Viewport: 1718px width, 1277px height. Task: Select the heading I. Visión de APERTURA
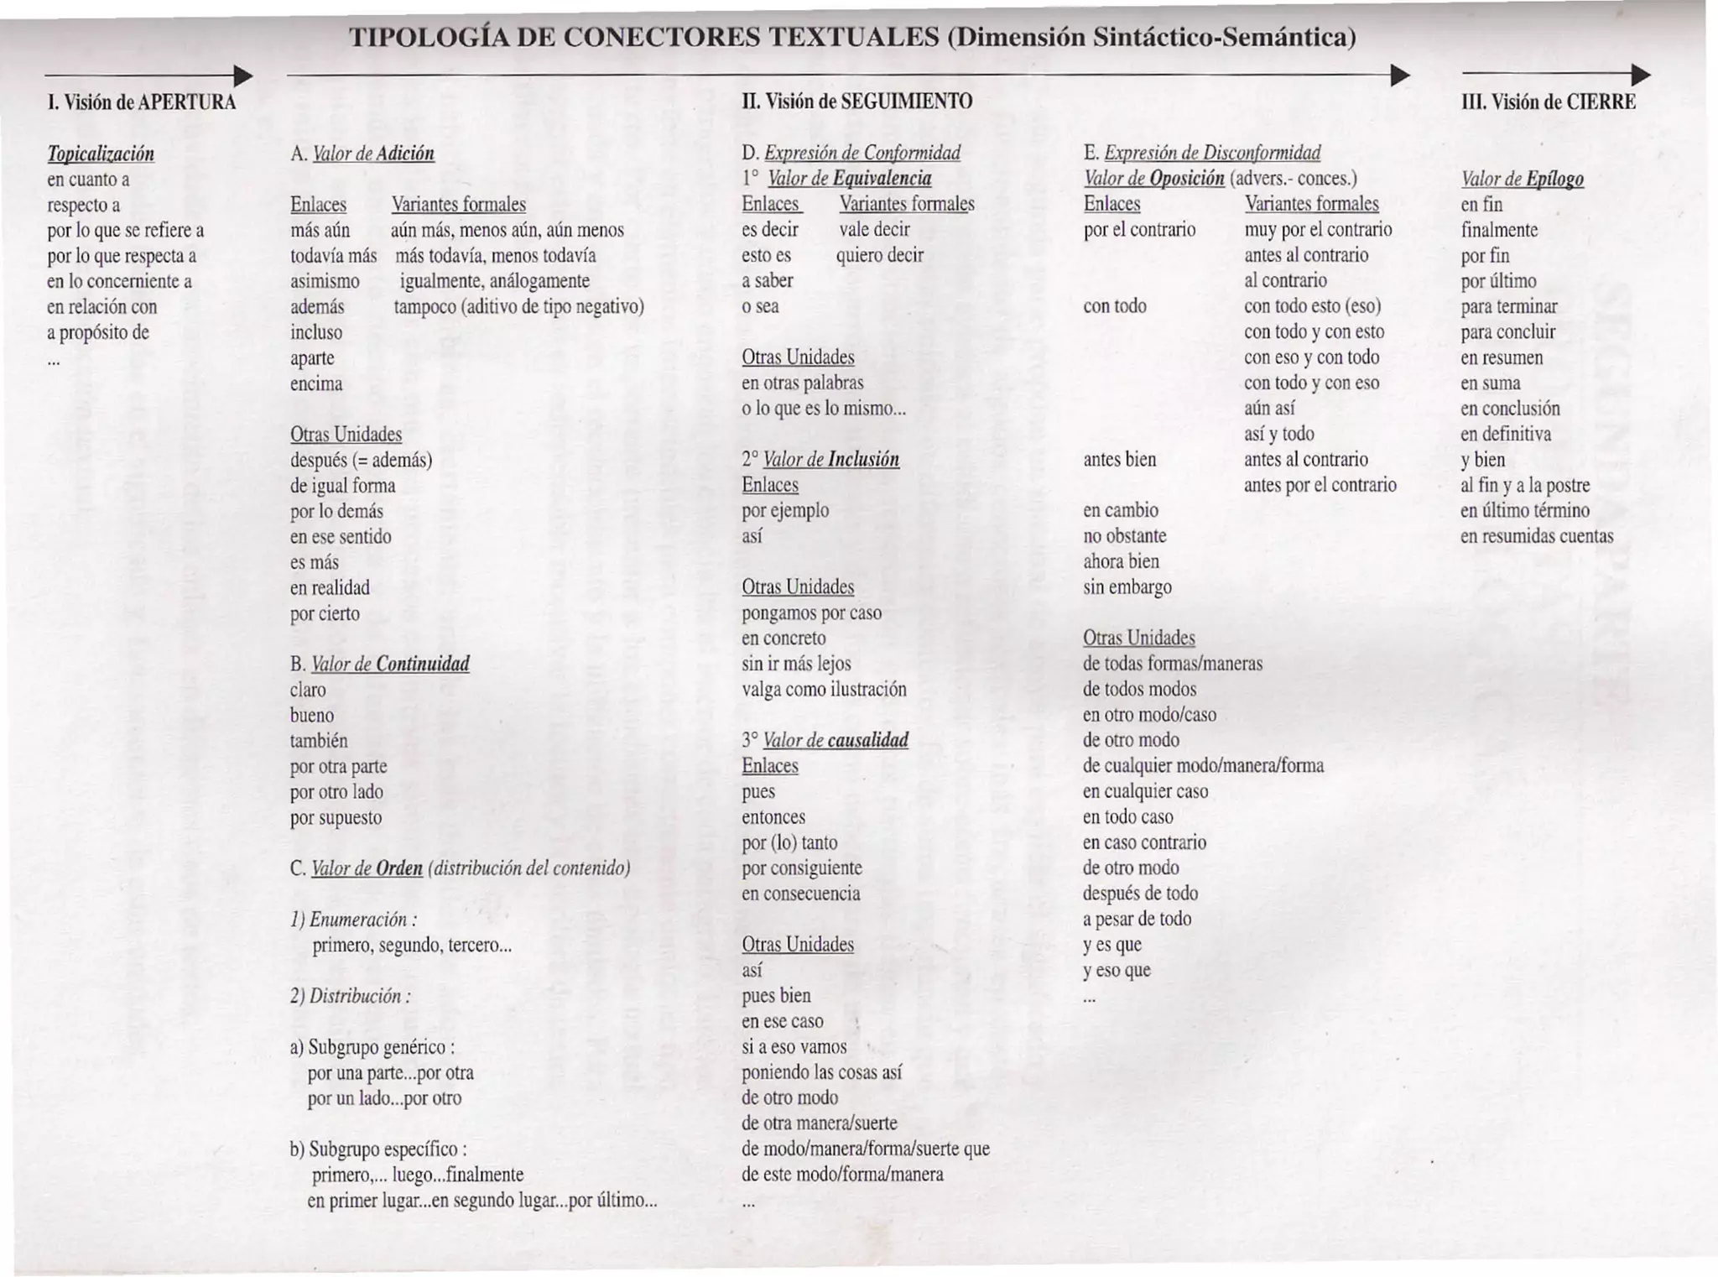142,102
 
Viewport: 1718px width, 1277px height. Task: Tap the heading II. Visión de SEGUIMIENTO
856,102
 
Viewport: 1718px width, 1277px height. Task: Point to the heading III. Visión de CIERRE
1548,102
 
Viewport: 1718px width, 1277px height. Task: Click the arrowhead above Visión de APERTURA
242,76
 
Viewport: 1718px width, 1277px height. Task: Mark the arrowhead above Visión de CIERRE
1641,76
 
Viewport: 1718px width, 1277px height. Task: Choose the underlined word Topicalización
101,154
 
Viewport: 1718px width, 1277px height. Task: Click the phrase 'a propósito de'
98,332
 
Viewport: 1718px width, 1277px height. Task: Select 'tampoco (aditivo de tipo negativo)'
518,306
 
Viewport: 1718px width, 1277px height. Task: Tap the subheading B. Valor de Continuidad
380,665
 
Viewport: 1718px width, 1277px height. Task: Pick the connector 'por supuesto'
336,817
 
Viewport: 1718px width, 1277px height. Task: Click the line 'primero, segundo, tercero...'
412,946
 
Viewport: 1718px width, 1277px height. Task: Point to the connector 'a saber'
767,281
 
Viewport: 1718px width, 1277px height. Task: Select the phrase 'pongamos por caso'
811,612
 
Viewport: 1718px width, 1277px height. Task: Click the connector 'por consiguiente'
801,868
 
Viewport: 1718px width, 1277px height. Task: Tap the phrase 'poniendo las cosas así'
821,1072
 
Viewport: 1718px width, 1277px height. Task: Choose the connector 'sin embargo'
1127,587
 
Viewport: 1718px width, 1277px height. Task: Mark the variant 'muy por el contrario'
1317,230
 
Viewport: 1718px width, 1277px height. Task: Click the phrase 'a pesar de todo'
1137,919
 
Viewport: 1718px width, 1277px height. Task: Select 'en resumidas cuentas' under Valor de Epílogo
1536,536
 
